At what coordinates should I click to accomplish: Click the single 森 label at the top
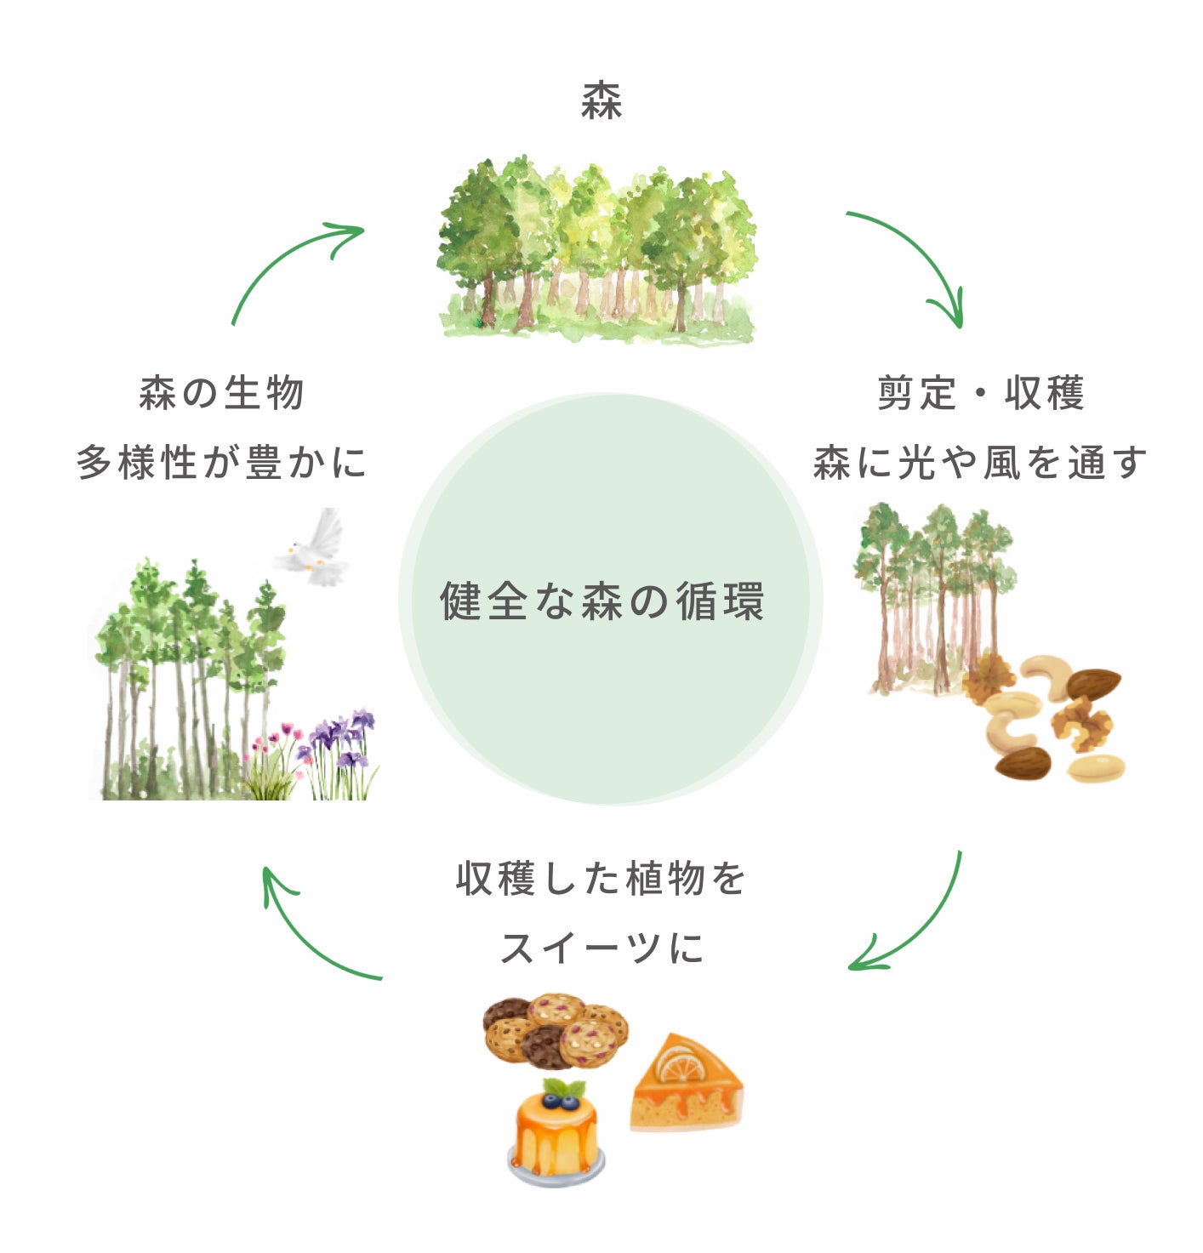click(x=601, y=100)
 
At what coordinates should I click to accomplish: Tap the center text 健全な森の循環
click(x=601, y=601)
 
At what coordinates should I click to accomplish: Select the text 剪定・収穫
click(x=980, y=393)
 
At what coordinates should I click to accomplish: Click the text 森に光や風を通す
click(x=980, y=463)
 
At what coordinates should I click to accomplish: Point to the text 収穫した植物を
click(x=601, y=878)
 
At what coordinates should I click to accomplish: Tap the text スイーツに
click(x=601, y=948)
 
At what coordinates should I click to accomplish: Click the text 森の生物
click(x=221, y=393)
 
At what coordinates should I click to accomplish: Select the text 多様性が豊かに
click(x=221, y=463)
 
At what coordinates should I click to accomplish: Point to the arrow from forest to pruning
click(x=915, y=255)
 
